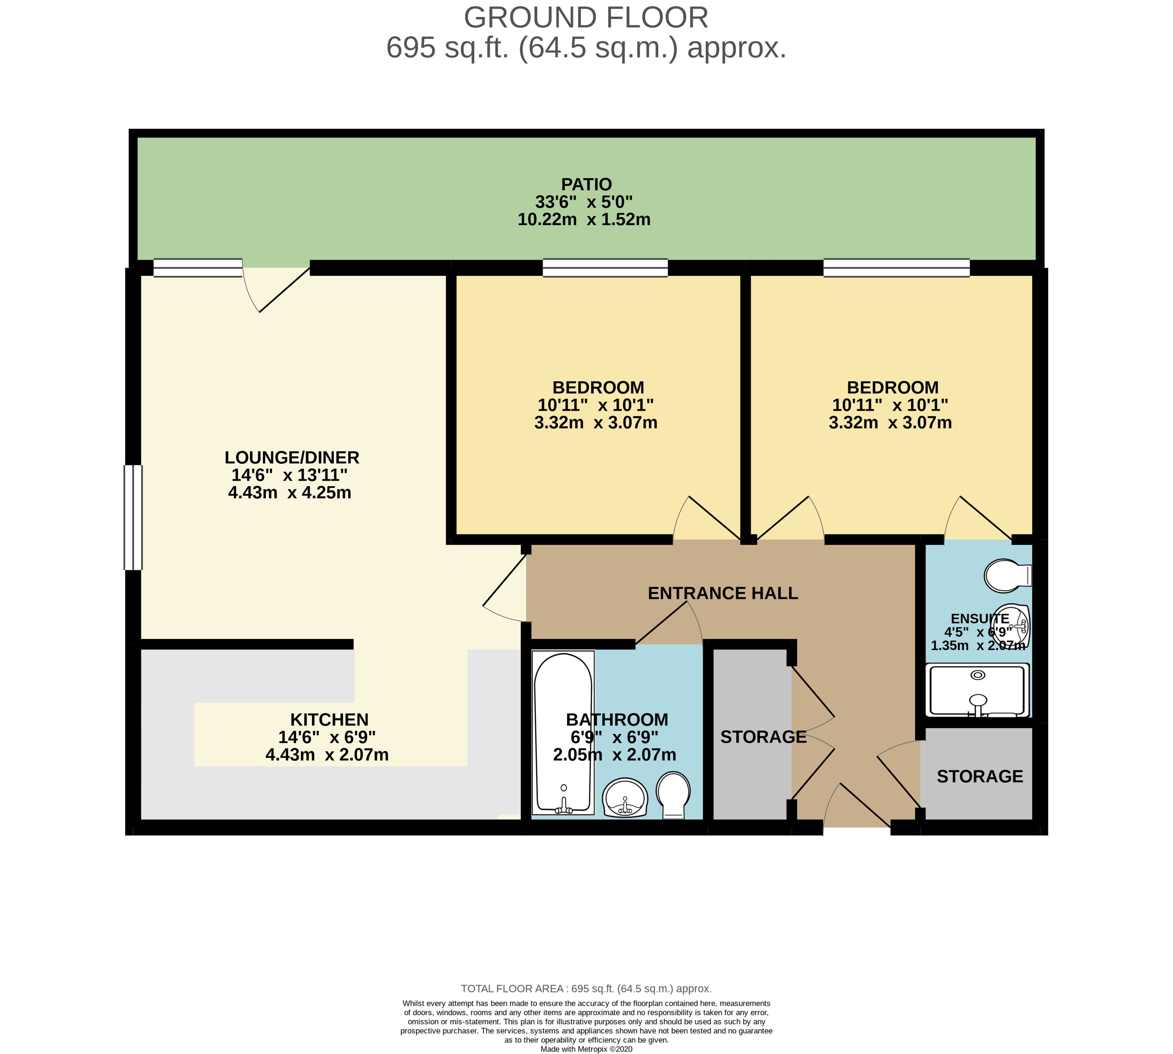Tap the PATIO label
[x=586, y=184]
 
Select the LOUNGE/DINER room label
[x=292, y=457]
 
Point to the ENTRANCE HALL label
[x=722, y=593]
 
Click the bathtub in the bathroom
[x=563, y=733]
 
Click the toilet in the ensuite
[x=1008, y=575]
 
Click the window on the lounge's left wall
[x=133, y=517]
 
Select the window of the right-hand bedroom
[x=896, y=268]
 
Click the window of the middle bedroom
[x=605, y=268]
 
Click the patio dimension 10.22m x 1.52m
[x=584, y=219]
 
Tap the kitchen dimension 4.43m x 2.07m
[x=327, y=755]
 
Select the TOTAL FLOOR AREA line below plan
[x=586, y=988]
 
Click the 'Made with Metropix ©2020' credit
[x=586, y=1049]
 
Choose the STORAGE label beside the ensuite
[x=980, y=776]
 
